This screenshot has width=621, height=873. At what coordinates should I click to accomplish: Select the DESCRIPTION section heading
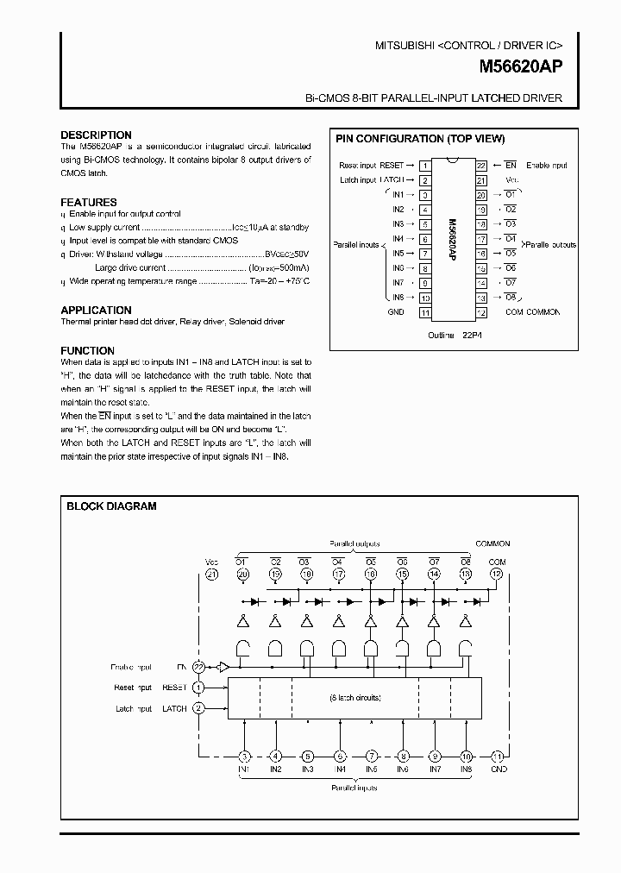click(96, 135)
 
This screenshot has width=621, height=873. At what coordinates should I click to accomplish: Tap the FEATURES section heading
click(89, 203)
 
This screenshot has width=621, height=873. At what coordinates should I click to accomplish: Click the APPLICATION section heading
click(96, 311)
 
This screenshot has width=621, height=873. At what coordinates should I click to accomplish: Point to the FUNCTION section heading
click(87, 351)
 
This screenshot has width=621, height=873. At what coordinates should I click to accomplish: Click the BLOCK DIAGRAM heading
click(111, 506)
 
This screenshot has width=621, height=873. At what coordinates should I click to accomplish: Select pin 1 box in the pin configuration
click(425, 166)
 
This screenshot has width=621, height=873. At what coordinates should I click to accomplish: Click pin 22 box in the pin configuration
click(481, 166)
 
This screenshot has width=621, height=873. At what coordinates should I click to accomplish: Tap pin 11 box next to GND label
click(425, 312)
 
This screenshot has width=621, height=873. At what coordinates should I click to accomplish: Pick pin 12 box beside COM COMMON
click(481, 312)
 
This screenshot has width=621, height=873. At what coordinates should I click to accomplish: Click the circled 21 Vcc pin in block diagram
click(212, 574)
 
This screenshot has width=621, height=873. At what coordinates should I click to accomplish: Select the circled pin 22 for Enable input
click(199, 667)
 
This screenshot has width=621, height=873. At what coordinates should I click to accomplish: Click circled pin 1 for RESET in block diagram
click(199, 688)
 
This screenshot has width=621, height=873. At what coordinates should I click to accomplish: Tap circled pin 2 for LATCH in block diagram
click(199, 708)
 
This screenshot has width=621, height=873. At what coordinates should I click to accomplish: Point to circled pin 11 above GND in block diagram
click(497, 755)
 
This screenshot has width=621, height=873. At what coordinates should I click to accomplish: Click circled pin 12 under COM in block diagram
click(495, 574)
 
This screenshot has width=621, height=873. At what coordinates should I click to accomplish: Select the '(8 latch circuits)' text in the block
click(355, 697)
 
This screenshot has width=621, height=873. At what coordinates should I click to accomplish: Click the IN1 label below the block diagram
click(244, 769)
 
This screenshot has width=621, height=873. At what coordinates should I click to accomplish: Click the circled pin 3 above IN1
click(244, 755)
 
